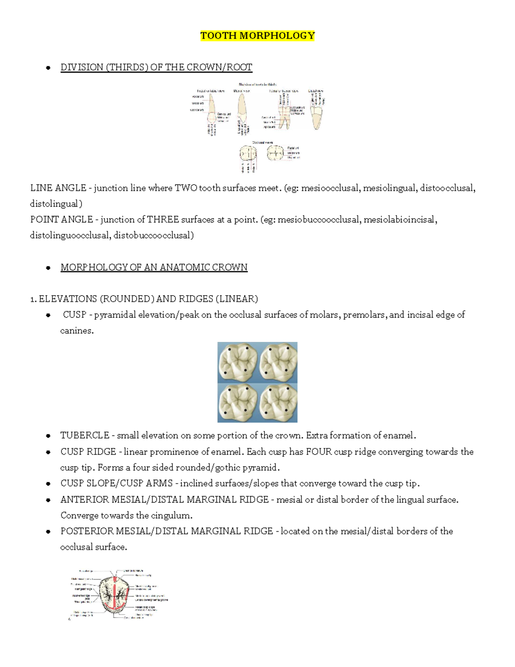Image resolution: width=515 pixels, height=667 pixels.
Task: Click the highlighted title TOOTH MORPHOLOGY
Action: click(x=257, y=36)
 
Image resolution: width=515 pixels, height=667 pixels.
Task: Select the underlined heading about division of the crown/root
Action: click(x=156, y=67)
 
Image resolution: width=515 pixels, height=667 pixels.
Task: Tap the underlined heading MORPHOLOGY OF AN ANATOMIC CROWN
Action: click(x=154, y=267)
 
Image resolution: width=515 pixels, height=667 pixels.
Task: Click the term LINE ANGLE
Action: click(x=58, y=188)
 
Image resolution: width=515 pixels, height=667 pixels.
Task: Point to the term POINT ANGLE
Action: click(x=61, y=219)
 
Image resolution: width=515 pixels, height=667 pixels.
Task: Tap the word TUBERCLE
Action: click(x=85, y=436)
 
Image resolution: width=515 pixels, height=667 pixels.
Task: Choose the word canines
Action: click(x=76, y=331)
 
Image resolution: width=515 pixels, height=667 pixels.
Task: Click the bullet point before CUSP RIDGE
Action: click(x=48, y=452)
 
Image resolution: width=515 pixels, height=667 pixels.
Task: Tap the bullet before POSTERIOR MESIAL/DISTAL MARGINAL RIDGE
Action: click(x=48, y=532)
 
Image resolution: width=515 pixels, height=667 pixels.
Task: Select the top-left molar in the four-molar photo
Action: click(x=237, y=362)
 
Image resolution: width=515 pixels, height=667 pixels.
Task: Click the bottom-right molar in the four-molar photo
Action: click(x=278, y=402)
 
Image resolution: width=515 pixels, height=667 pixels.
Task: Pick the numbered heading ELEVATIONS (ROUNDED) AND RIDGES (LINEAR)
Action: click(x=144, y=299)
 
